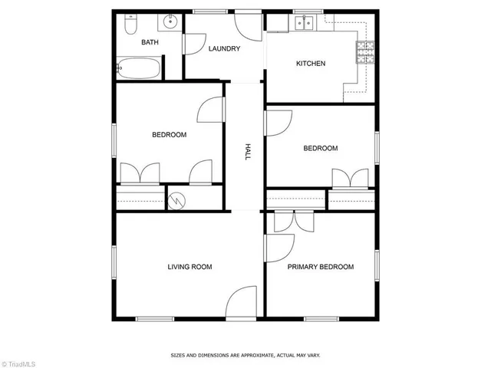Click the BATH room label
(150, 42)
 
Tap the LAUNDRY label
(225, 49)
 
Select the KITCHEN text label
(311, 64)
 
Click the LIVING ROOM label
(189, 267)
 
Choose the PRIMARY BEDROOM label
(321, 267)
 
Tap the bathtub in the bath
(139, 69)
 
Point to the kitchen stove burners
(363, 51)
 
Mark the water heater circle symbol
(177, 201)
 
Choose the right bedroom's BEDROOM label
(320, 149)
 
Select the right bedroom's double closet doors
(351, 177)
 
